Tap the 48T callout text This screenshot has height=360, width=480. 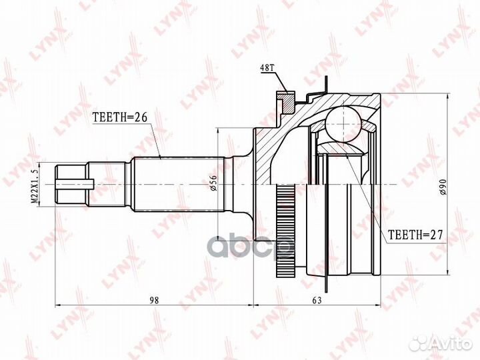click(266, 67)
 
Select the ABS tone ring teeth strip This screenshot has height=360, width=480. click(286, 227)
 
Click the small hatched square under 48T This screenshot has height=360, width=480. click(285, 102)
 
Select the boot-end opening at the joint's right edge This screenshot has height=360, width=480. click(375, 183)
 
